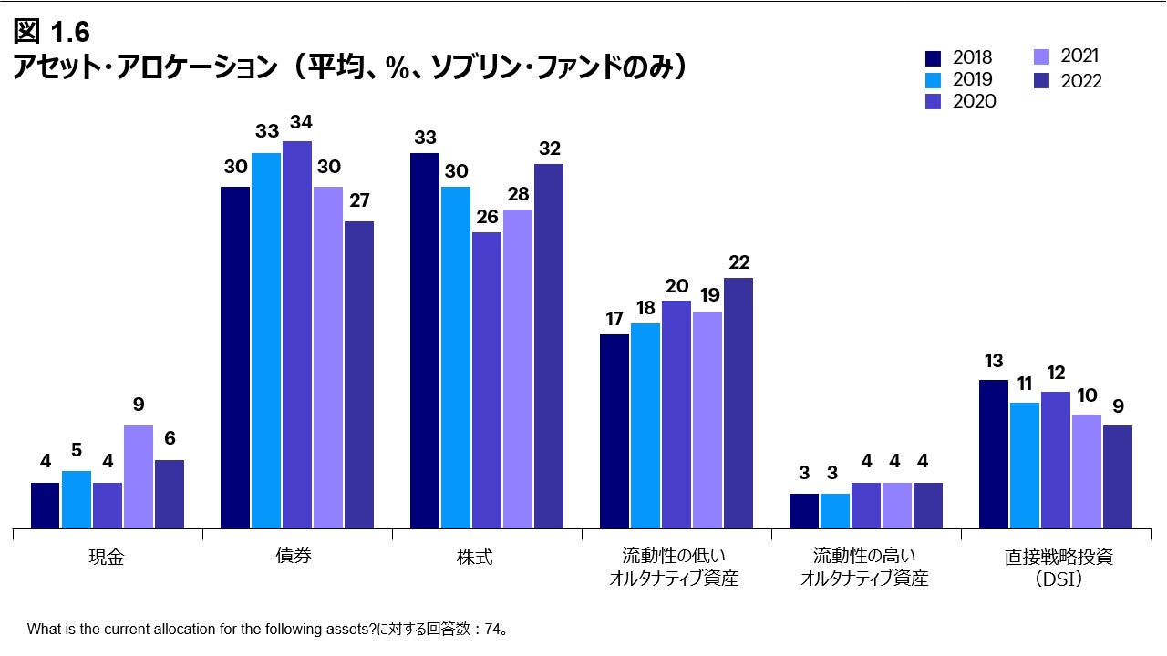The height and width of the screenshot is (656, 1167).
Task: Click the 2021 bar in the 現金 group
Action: click(x=139, y=477)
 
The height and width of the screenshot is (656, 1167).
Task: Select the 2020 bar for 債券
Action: click(x=297, y=334)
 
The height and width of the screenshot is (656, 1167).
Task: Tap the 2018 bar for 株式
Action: click(x=425, y=341)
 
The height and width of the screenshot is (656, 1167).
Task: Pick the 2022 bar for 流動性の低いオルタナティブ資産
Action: click(x=738, y=403)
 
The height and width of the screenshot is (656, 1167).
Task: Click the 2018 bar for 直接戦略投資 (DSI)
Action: click(x=994, y=454)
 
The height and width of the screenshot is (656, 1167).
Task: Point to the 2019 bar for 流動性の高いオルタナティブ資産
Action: click(x=835, y=510)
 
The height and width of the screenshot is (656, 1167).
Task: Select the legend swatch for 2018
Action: click(x=934, y=58)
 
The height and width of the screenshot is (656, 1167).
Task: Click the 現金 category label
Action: click(x=108, y=558)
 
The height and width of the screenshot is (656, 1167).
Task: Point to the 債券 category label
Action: click(x=294, y=556)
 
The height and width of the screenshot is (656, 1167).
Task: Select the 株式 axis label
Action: click(x=475, y=557)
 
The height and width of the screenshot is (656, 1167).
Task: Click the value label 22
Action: click(x=738, y=262)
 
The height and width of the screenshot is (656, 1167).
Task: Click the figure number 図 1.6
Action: click(x=51, y=32)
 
